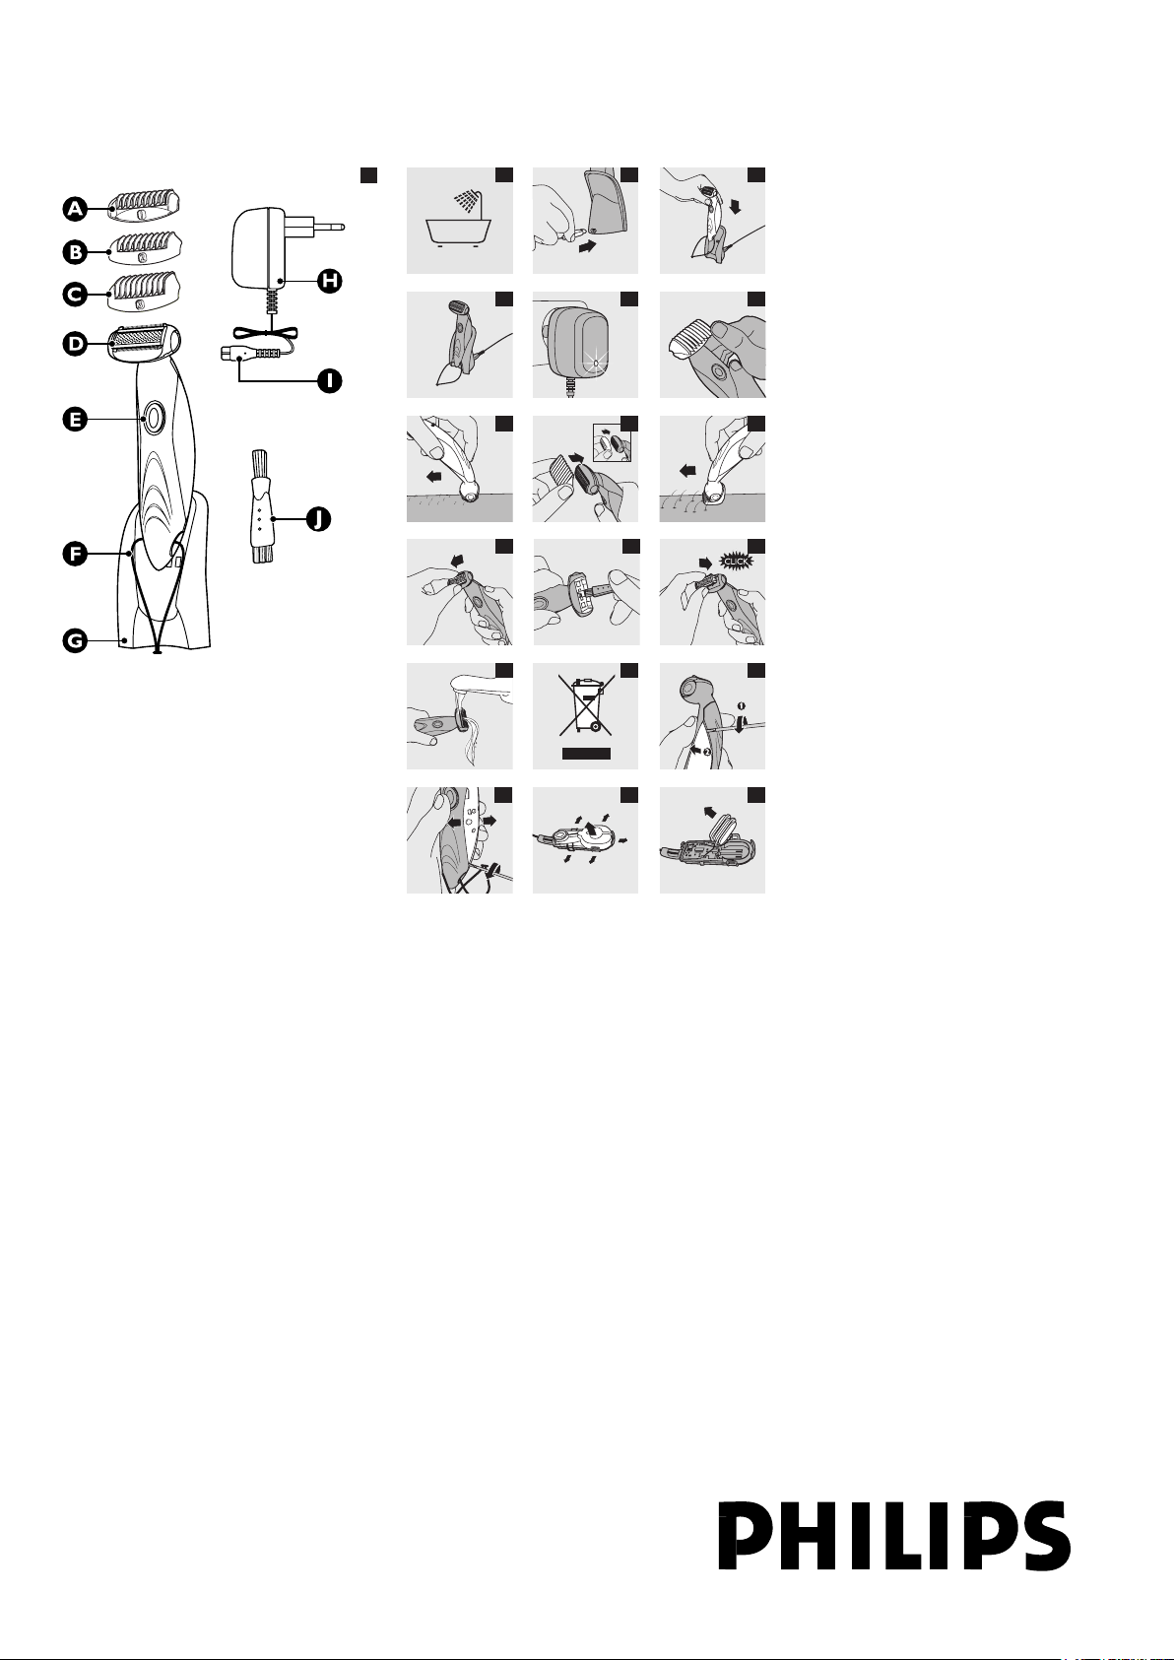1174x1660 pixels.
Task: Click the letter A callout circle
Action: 75,209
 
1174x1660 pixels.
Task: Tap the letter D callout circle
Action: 75,343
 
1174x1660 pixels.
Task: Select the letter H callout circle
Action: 330,281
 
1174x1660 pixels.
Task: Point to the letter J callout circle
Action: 318,519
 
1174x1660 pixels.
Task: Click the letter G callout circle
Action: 75,640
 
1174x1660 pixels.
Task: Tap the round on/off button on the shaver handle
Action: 154,418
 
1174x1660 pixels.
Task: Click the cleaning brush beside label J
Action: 259,506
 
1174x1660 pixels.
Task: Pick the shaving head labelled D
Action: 145,343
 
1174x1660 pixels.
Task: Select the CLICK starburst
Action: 736,561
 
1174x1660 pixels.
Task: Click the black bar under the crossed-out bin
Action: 586,753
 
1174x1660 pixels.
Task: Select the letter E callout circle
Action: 75,421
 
